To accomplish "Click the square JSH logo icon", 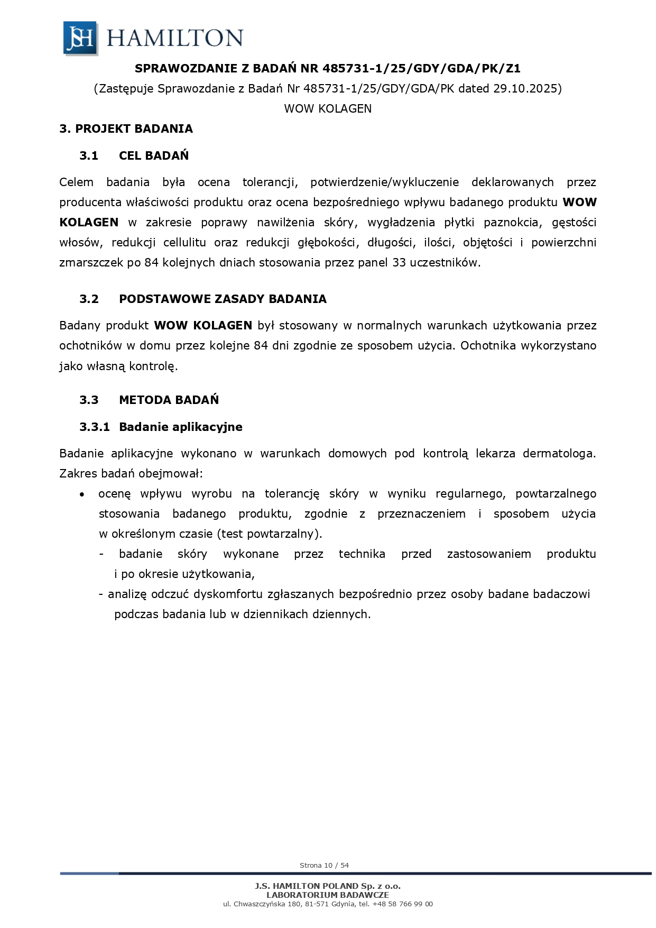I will click(80, 38).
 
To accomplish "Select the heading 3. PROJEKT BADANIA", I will click(126, 129).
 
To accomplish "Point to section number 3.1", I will click(89, 155).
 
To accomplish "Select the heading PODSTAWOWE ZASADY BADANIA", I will click(223, 299).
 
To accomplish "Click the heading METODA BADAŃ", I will click(169, 400).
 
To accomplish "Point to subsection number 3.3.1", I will click(95, 427).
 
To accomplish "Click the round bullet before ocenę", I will click(81, 494).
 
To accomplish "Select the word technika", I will click(362, 554).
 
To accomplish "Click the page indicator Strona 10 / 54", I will click(324, 866).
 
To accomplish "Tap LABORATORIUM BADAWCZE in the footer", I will click(328, 895).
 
